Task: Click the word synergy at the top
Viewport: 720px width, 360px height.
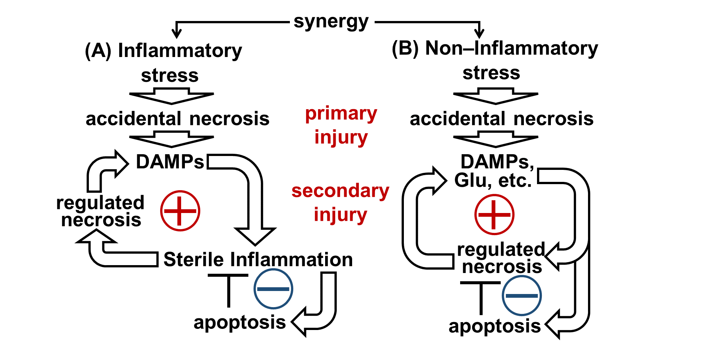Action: (331, 22)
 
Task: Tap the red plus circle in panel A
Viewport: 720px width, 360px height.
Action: (180, 211)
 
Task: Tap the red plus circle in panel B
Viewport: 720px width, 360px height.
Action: (494, 214)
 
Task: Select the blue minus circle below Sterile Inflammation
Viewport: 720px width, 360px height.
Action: (273, 289)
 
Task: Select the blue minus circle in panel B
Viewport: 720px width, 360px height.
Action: (522, 295)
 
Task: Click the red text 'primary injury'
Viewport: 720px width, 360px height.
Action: (341, 125)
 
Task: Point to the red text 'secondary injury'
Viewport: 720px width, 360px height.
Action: (340, 202)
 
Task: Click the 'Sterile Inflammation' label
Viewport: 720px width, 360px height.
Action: (258, 259)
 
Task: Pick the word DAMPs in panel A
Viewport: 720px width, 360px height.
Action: (170, 162)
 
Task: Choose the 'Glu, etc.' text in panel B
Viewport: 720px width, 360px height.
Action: (493, 181)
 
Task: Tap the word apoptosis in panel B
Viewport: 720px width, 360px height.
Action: (495, 326)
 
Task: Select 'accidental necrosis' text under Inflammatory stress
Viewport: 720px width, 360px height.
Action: (177, 119)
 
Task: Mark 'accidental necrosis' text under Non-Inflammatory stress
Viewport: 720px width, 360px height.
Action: (501, 119)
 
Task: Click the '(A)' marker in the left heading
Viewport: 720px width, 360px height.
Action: (98, 51)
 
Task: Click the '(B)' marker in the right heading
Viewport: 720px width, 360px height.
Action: (405, 48)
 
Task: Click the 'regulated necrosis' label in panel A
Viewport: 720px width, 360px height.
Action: (100, 211)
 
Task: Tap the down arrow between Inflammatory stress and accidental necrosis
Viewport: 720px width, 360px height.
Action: (172, 96)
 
